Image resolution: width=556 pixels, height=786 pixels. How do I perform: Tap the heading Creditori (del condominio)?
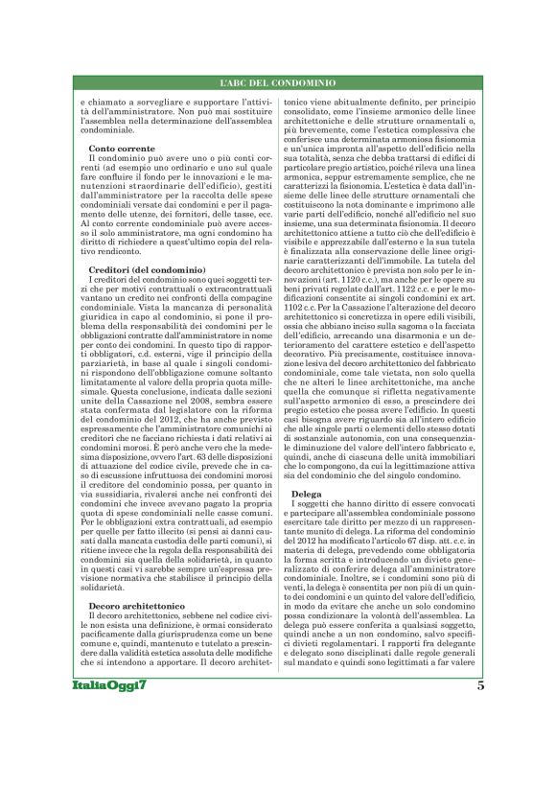(141, 271)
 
